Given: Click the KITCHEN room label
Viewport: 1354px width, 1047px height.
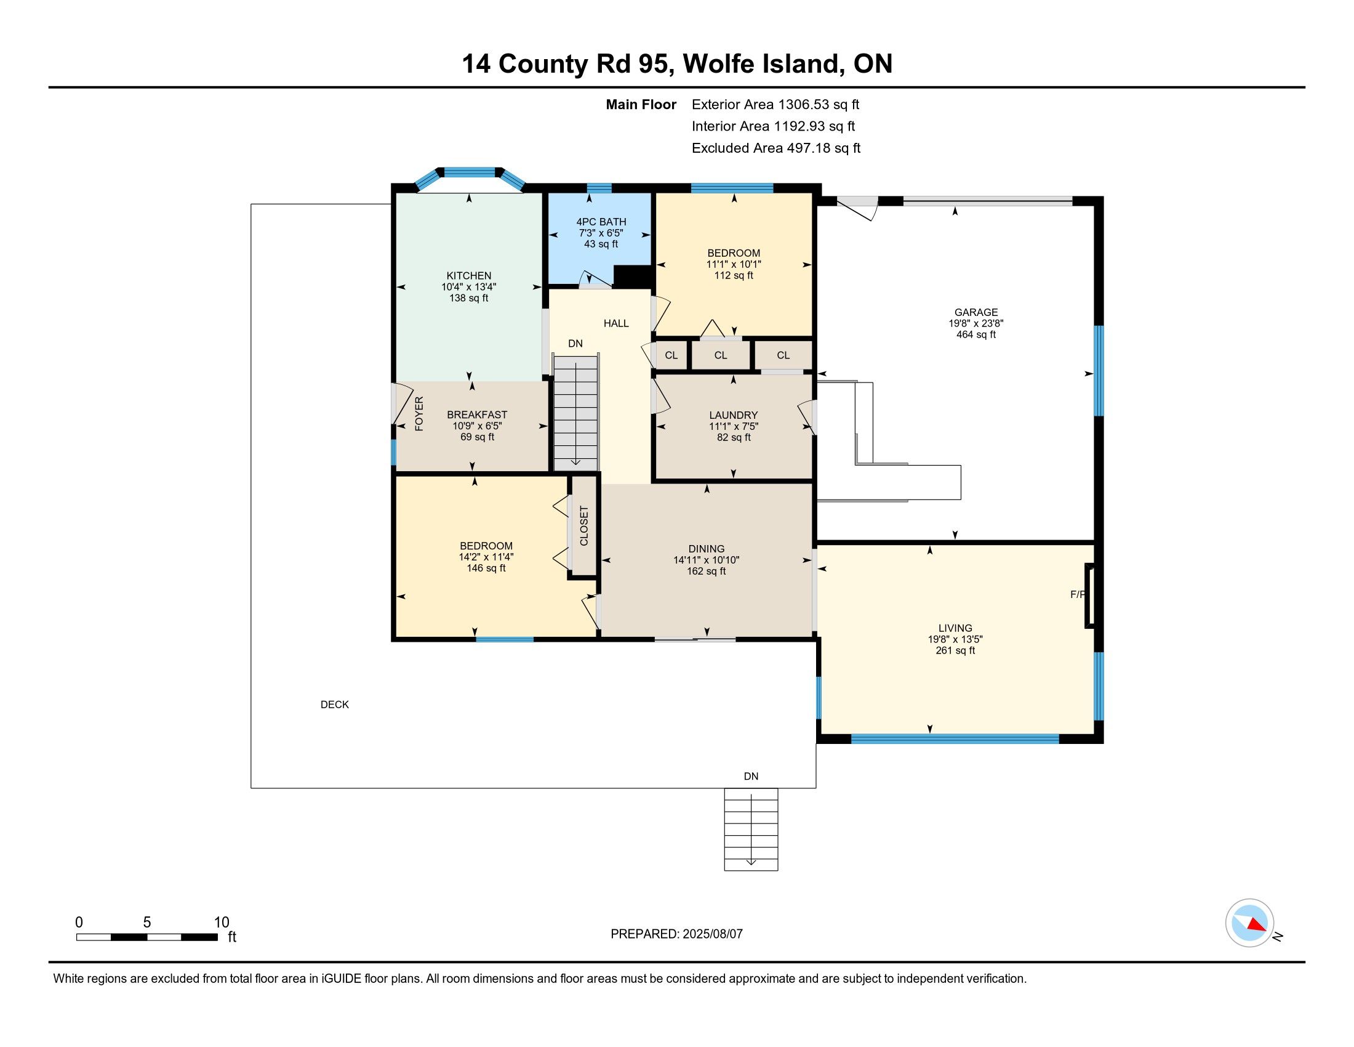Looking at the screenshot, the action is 469,276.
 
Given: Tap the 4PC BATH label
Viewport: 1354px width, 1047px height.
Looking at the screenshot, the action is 601,222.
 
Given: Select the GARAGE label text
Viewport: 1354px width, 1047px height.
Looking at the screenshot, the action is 976,313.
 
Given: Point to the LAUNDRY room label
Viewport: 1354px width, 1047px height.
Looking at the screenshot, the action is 734,415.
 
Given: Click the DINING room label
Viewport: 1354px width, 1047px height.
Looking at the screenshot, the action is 706,549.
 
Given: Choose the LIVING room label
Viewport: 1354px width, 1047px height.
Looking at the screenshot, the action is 955,628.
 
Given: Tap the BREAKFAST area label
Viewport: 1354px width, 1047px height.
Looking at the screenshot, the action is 477,415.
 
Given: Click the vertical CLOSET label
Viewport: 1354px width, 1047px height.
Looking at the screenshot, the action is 583,526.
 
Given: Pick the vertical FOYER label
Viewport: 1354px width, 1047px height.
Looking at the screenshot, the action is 419,414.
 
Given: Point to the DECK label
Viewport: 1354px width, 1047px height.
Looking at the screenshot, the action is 335,705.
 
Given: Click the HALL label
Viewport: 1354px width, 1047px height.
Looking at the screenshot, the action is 616,323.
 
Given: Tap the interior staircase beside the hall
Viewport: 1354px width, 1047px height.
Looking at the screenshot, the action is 576,413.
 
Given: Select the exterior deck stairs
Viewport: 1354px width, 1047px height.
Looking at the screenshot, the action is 751,830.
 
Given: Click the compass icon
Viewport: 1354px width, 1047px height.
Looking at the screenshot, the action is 1249,923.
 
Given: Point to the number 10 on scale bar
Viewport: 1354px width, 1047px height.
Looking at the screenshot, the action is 222,923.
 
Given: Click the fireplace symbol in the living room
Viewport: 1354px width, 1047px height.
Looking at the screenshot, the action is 1089,596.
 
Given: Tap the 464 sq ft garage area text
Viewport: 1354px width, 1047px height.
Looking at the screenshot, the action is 976,335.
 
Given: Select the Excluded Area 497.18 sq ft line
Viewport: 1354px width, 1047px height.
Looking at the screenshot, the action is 776,148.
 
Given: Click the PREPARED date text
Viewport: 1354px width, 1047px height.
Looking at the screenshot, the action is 676,934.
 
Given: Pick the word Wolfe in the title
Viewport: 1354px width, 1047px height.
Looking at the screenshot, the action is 718,64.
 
